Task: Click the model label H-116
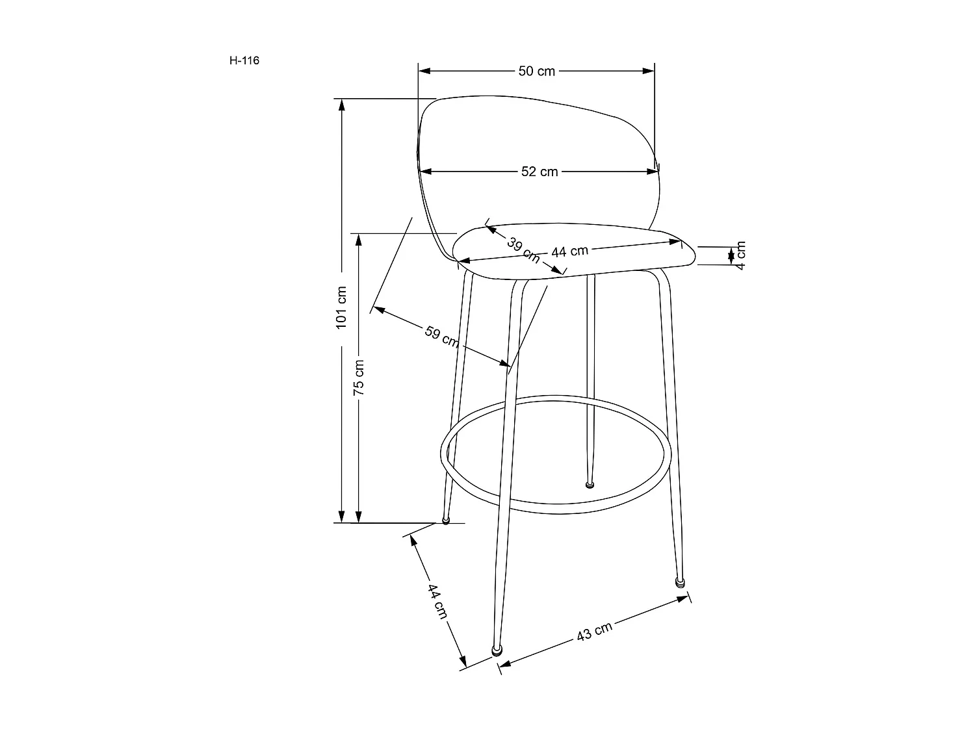(x=244, y=61)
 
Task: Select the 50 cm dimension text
(x=537, y=71)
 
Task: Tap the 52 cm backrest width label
(x=539, y=172)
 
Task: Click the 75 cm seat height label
(x=359, y=377)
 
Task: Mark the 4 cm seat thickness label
(x=740, y=255)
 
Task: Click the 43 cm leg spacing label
(x=595, y=632)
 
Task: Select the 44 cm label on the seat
(x=570, y=251)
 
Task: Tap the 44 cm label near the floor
(x=437, y=601)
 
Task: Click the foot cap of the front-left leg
(x=497, y=650)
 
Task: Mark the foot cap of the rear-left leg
(x=446, y=520)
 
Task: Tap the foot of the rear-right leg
(x=590, y=484)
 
